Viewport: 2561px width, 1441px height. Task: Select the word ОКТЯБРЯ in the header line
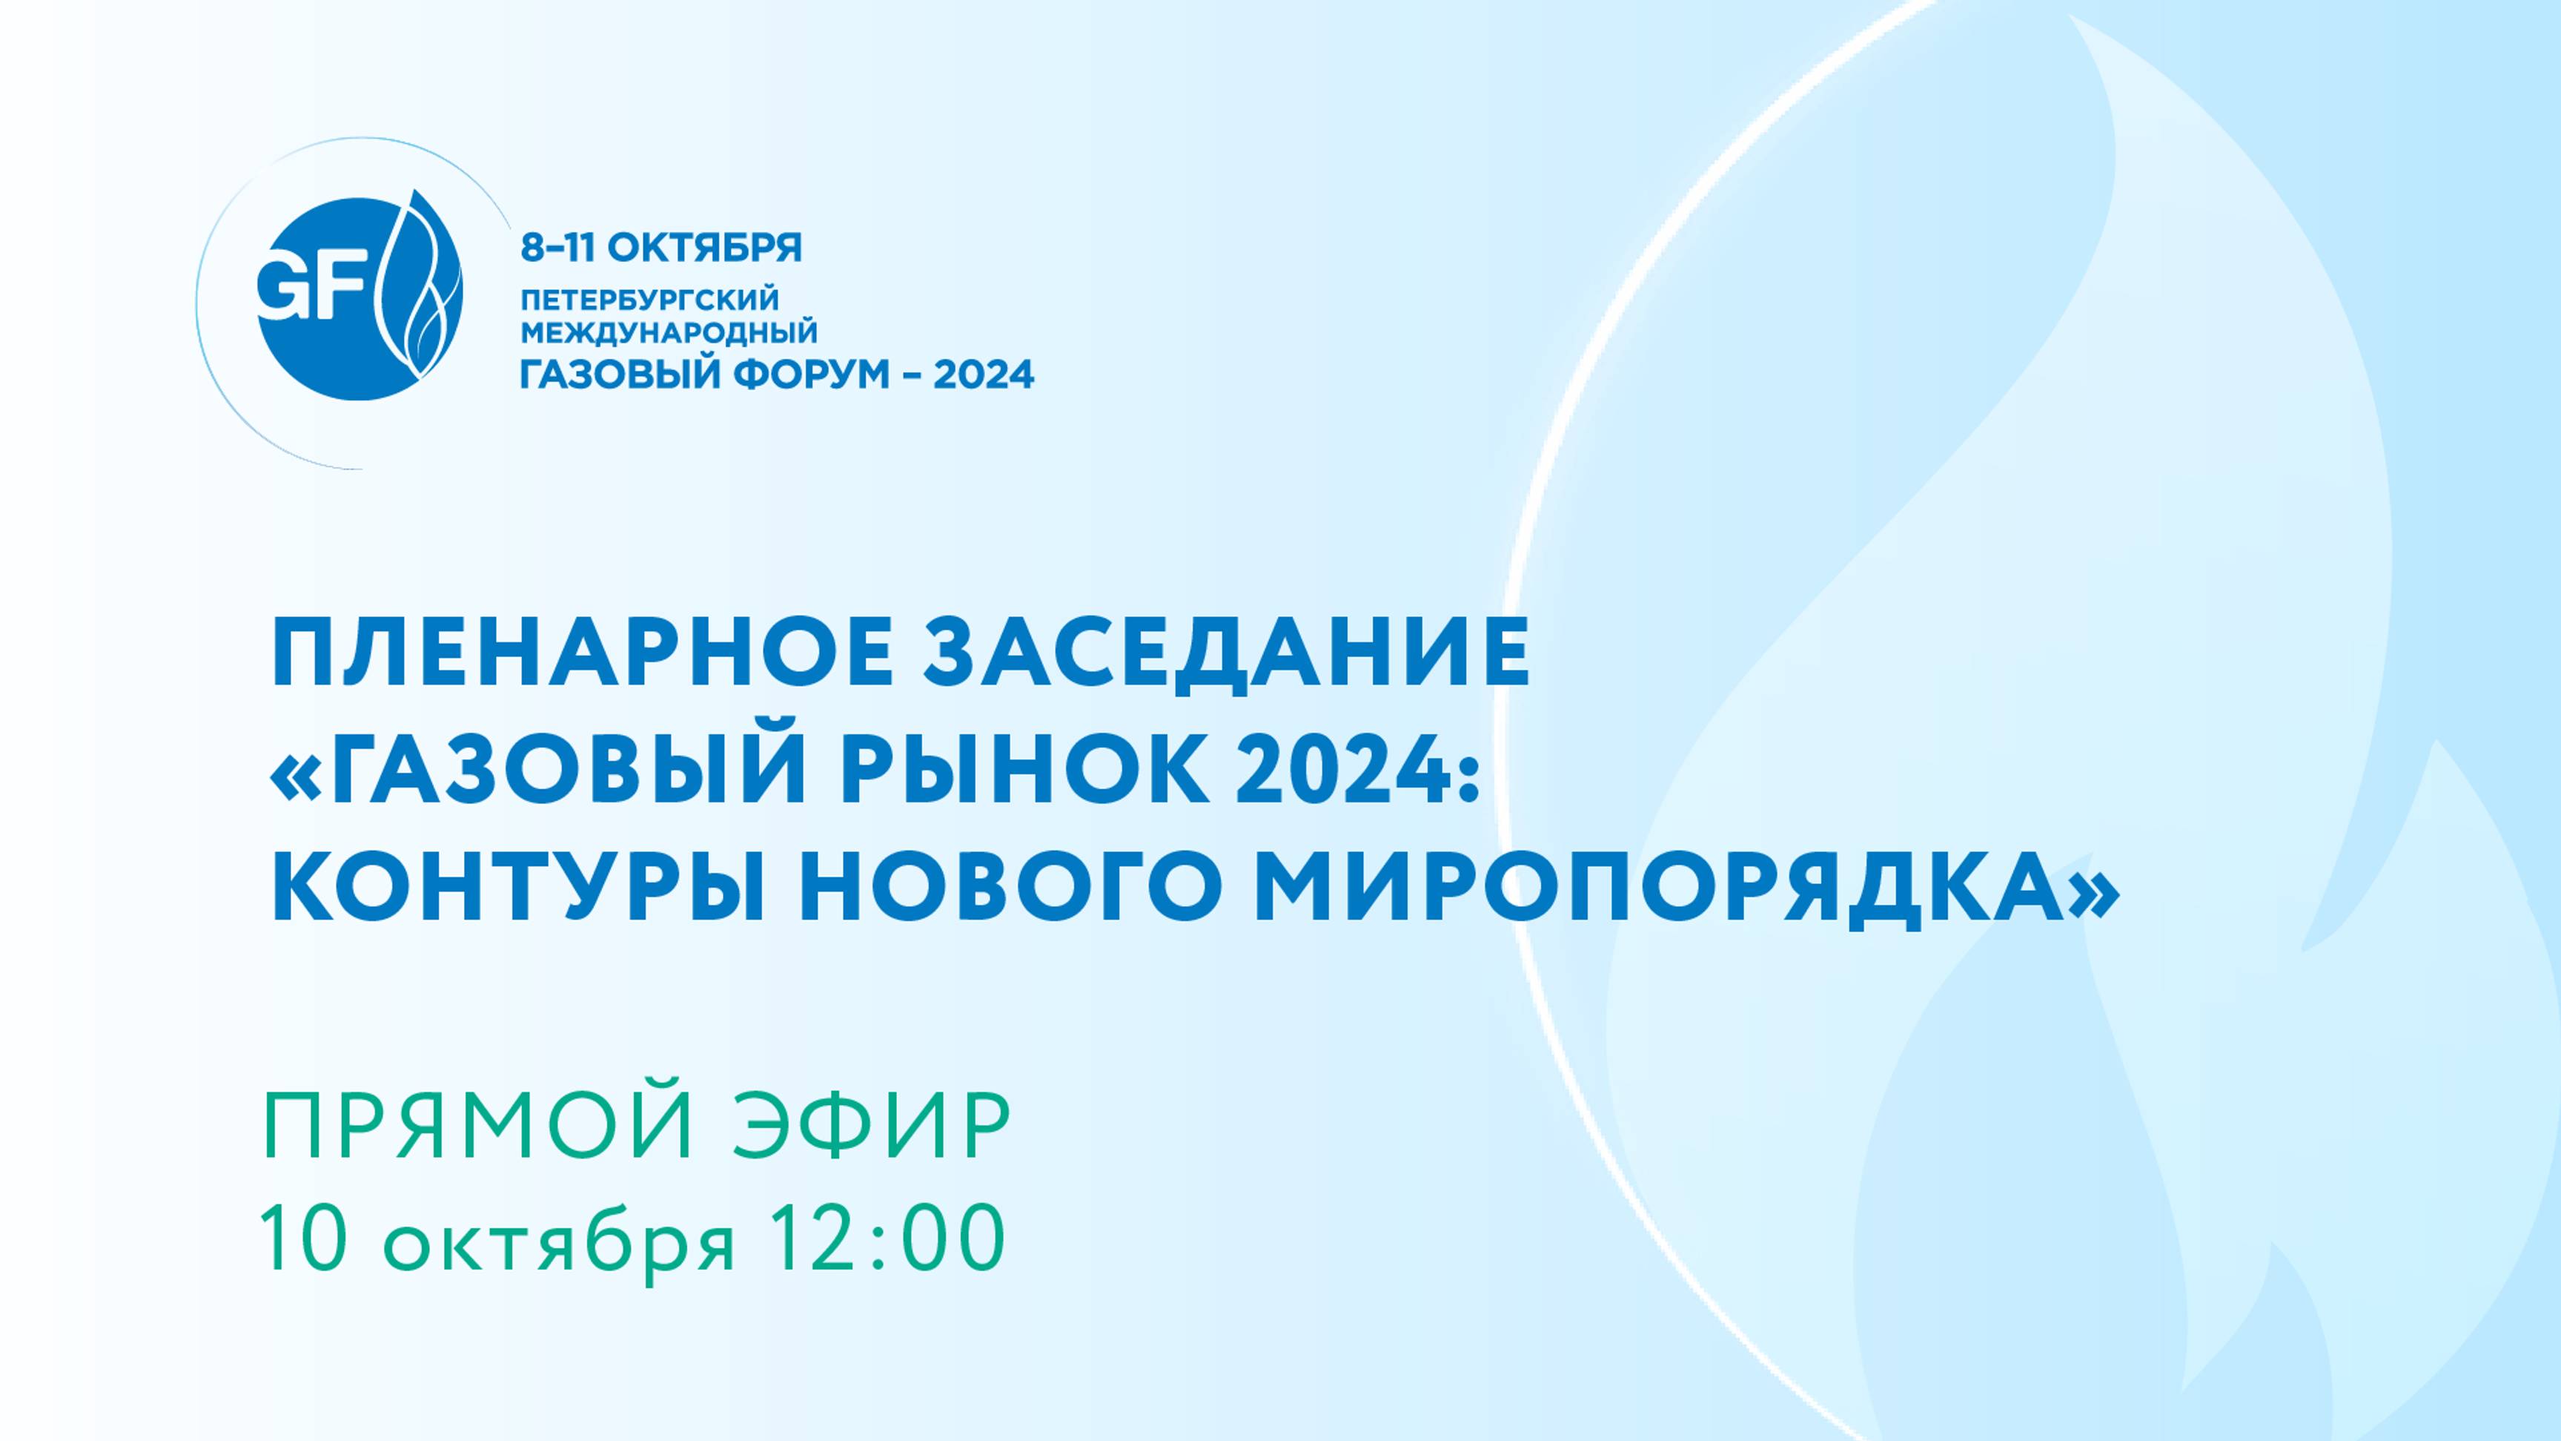[704, 248]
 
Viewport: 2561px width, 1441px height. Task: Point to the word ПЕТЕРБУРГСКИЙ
[650, 300]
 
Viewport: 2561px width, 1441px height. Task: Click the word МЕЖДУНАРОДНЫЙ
[669, 332]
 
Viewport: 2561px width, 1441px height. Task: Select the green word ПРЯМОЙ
[478, 1128]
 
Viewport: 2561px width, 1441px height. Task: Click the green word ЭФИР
[872, 1128]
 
